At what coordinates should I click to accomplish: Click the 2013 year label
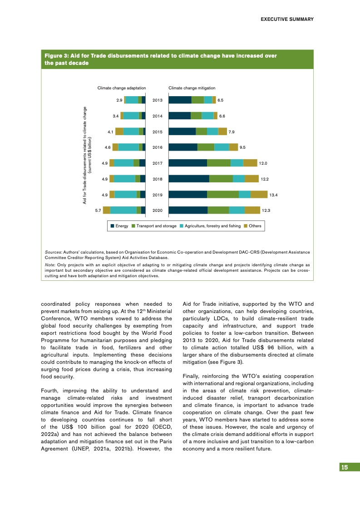coord(158,100)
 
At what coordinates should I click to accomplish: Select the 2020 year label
coord(158,210)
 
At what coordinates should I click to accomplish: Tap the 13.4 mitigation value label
coord(273,195)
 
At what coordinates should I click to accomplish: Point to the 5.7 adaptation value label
coord(98,210)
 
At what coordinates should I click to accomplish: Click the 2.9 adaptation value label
coord(119,100)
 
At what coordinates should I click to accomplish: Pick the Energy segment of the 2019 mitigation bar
coord(188,195)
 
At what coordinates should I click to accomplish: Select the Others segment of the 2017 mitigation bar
coord(250,163)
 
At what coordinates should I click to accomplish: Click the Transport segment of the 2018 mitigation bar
coord(221,179)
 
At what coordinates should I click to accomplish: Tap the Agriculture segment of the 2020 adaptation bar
coord(123,210)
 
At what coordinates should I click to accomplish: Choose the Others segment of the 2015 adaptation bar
coord(119,132)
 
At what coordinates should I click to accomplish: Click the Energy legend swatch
coord(113,226)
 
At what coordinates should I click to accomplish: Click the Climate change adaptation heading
coord(122,88)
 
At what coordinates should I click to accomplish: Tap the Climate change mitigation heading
coord(192,88)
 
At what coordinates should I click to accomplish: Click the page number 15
coord(345,468)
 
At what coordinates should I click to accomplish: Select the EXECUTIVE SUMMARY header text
coord(287,20)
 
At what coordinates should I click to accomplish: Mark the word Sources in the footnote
coord(53,251)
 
